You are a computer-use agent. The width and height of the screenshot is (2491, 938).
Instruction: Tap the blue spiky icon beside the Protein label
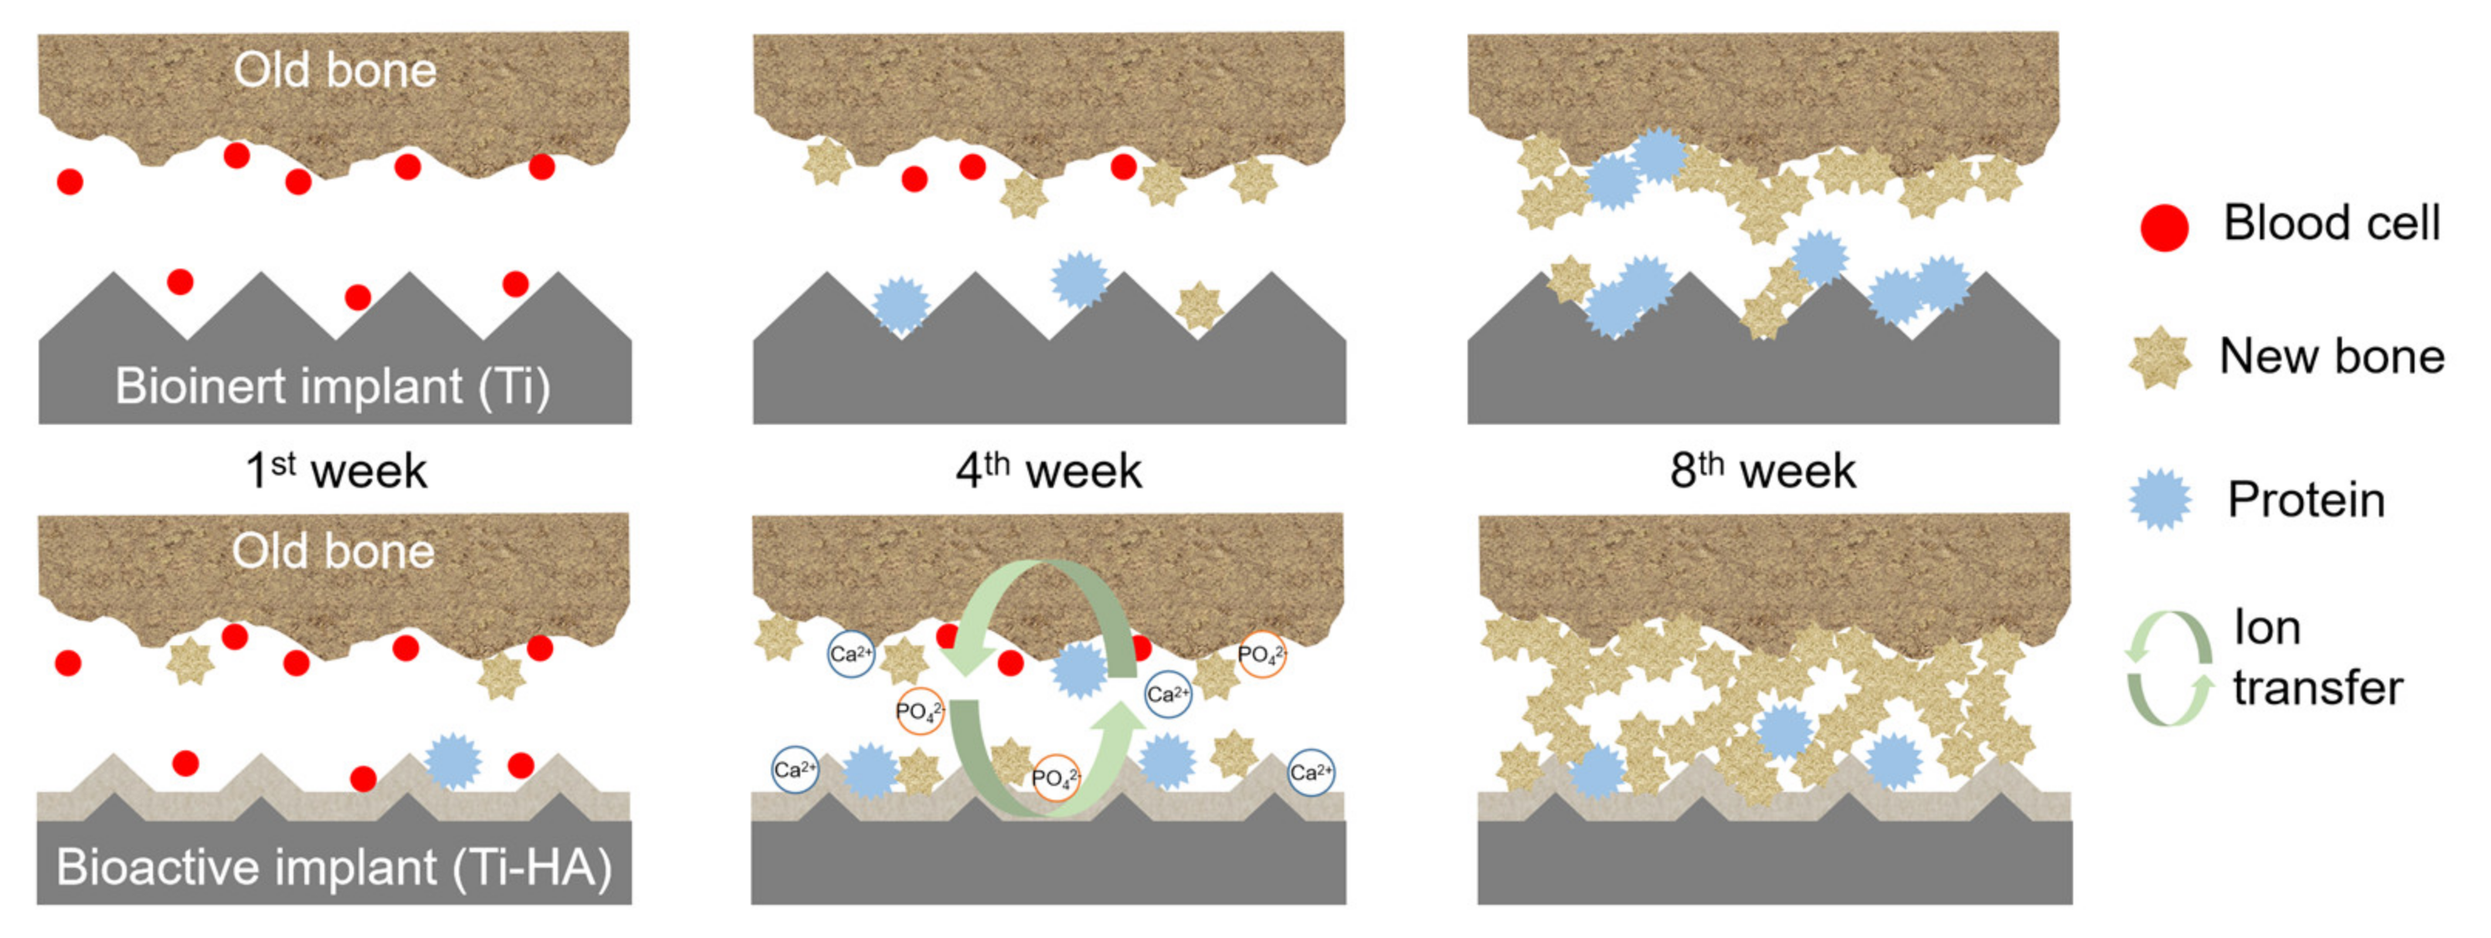click(x=2160, y=500)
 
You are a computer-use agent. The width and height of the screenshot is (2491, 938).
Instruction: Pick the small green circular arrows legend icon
click(x=2169, y=667)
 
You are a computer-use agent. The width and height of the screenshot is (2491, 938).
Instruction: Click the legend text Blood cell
click(x=2331, y=222)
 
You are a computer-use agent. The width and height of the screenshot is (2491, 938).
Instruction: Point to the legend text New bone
click(x=2331, y=356)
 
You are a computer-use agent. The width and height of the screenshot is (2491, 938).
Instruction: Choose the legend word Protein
click(x=2306, y=500)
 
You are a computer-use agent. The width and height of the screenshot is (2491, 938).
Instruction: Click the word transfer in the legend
click(x=2317, y=689)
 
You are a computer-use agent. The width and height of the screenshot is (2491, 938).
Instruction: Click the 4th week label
click(x=1048, y=471)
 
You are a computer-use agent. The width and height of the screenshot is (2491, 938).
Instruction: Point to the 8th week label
click(x=1762, y=471)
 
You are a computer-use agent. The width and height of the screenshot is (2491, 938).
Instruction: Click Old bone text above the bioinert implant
click(x=334, y=70)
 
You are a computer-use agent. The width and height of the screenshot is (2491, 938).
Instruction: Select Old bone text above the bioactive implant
click(x=333, y=551)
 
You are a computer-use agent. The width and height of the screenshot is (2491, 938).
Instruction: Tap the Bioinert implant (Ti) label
click(x=333, y=387)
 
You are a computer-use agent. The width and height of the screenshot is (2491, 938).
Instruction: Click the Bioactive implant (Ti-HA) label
click(x=334, y=868)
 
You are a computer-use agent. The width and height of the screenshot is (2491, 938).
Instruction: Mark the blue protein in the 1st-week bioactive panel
click(x=453, y=761)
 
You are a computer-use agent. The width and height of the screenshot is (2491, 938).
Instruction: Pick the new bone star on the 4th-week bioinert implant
click(x=1199, y=306)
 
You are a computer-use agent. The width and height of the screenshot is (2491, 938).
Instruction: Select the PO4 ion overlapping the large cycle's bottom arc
click(x=1055, y=777)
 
